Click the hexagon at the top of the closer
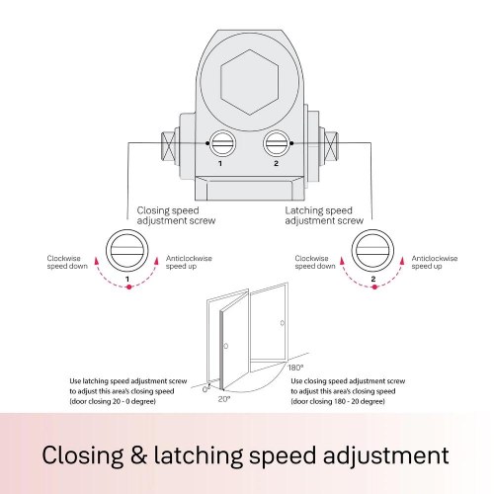pos(250,82)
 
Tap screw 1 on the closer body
pos(222,143)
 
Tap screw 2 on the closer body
pos(277,143)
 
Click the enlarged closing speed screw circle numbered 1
pos(127,251)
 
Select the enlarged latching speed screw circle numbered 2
pos(372,251)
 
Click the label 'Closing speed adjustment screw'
pos(176,215)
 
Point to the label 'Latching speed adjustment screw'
pos(324,215)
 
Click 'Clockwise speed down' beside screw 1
pos(67,262)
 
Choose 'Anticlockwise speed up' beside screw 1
pos(189,262)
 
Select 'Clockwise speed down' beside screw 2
pos(315,262)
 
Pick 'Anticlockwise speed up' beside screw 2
pos(435,262)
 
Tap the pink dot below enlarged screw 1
pos(129,288)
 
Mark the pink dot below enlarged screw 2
pos(374,288)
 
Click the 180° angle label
pos(295,368)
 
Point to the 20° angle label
pos(224,399)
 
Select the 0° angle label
pos(206,389)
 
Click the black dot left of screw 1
pos(207,143)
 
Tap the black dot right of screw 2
pos(291,143)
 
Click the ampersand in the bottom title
pos(138,455)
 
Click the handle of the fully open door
pos(283,323)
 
